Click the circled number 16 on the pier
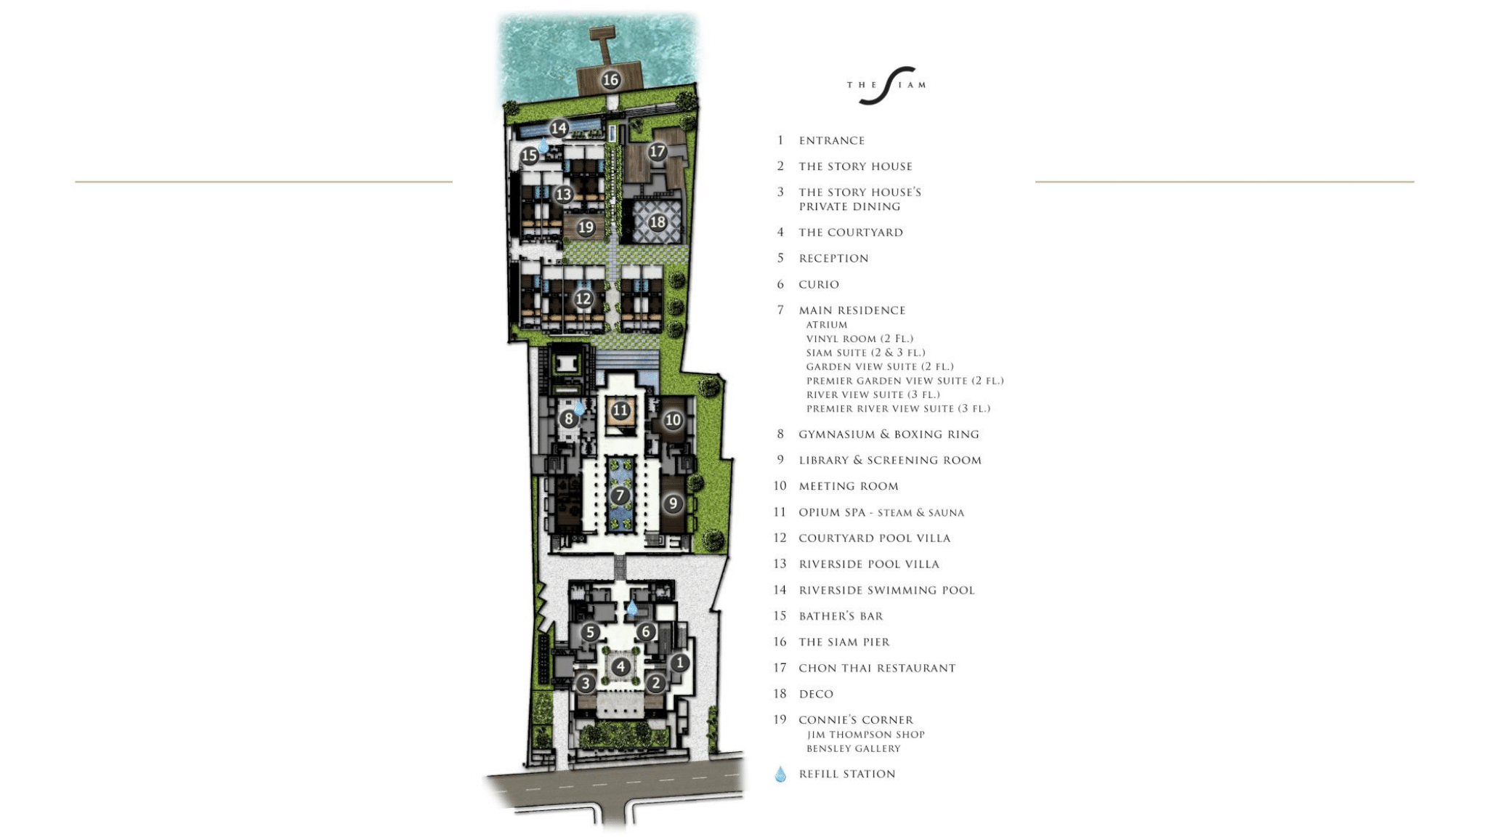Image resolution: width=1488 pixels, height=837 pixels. point(610,79)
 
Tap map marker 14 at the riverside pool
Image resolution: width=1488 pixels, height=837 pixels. point(558,129)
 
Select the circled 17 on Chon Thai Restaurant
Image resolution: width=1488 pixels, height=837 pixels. point(658,151)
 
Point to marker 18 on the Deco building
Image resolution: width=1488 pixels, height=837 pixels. point(658,222)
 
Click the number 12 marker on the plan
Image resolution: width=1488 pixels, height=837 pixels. point(583,299)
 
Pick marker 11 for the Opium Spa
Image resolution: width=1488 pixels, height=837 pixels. point(620,411)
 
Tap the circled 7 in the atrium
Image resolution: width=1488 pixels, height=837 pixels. point(620,496)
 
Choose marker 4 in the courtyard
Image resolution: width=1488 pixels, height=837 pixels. point(620,666)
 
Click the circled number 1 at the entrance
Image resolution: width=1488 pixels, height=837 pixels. point(679,663)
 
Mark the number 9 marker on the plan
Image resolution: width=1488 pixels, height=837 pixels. point(673,504)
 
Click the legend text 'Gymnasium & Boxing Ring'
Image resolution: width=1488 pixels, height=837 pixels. point(889,434)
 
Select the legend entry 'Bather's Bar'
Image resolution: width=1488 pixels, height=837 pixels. point(841,616)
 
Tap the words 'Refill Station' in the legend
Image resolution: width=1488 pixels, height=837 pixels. point(847,775)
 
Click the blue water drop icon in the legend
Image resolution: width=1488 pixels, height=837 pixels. point(780,774)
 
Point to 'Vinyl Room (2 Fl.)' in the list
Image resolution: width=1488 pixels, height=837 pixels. point(860,339)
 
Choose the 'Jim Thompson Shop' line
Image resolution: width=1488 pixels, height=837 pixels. point(865,735)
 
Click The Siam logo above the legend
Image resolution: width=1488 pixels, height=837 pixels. point(886,85)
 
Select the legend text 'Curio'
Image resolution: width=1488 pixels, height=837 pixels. point(819,285)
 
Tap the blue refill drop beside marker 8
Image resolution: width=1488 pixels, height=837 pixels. point(579,407)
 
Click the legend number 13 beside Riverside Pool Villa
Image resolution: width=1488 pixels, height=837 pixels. point(780,564)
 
